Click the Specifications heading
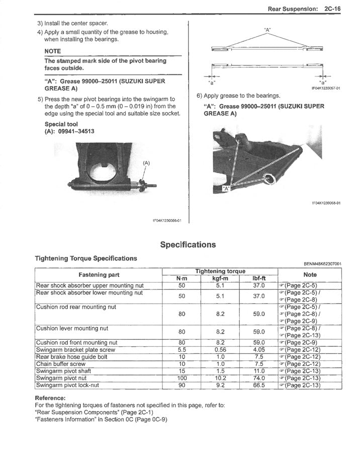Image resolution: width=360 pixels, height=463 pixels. (x=188, y=245)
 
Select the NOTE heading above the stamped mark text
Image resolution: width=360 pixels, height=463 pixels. (x=52, y=51)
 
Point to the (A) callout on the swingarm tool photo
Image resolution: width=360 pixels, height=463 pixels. (x=146, y=163)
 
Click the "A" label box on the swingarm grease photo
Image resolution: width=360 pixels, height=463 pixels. (x=226, y=189)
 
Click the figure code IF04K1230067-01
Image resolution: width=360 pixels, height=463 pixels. (x=325, y=88)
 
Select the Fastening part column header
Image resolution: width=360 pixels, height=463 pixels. (x=99, y=274)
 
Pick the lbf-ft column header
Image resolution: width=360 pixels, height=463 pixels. (x=258, y=279)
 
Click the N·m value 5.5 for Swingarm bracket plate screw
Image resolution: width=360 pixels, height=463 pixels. (x=182, y=350)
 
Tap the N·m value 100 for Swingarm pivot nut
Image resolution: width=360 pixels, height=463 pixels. (x=182, y=378)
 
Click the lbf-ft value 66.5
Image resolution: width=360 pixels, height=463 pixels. (x=258, y=386)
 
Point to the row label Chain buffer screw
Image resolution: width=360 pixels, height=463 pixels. (x=61, y=364)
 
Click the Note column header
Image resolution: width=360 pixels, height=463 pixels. (x=310, y=274)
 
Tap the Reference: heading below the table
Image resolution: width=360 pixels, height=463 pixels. (x=50, y=398)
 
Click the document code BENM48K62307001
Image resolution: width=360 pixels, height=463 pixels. (x=322, y=263)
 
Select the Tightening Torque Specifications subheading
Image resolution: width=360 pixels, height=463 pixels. (x=85, y=258)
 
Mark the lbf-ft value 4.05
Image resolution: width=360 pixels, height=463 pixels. (x=258, y=350)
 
